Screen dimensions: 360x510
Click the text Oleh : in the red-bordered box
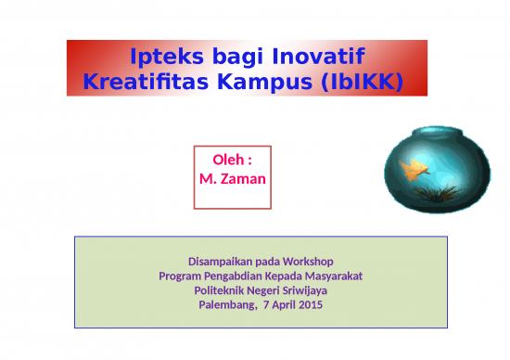(233, 160)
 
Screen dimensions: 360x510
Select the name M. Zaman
(233, 176)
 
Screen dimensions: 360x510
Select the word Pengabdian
(232, 276)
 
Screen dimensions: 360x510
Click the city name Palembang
(228, 305)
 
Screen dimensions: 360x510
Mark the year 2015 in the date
(311, 305)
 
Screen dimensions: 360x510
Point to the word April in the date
(286, 305)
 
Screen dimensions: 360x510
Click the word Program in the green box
(179, 276)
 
